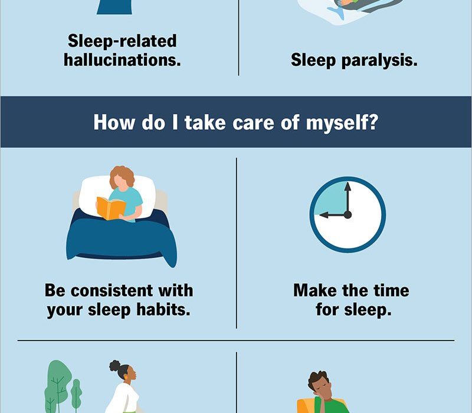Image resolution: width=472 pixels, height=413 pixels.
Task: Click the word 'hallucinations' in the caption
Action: [122, 60]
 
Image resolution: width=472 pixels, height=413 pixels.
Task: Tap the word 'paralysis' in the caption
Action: [379, 60]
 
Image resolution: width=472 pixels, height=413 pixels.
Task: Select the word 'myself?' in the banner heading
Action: [342, 123]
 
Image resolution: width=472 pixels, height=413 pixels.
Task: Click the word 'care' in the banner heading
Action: [253, 123]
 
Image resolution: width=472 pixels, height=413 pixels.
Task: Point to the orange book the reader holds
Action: [111, 208]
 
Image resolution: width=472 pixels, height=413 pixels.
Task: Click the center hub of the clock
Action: [348, 215]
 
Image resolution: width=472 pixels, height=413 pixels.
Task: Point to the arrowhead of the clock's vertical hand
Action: [348, 186]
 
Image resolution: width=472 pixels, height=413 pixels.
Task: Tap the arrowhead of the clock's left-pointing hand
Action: [324, 215]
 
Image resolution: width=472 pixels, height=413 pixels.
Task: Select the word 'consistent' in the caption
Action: [112, 290]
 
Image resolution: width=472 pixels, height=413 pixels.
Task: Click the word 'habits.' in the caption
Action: [163, 309]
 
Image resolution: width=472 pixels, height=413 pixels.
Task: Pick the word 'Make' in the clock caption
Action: [315, 290]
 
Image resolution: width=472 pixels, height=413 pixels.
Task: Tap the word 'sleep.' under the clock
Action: [368, 310]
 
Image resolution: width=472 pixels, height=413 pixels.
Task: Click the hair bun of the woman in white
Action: [114, 365]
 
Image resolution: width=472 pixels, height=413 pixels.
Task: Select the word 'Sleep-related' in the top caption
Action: [122, 41]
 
